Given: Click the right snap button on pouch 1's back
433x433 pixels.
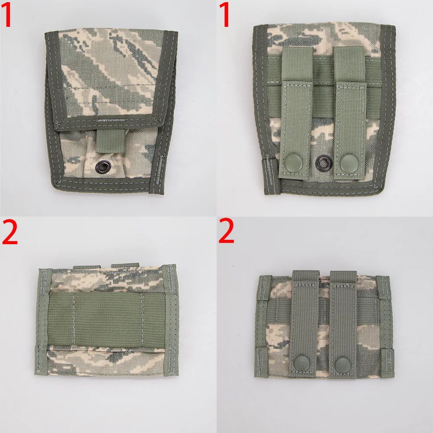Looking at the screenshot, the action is coord(347,163).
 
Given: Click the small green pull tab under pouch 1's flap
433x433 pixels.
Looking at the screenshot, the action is coord(110,141).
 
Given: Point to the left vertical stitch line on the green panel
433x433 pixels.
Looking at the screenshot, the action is coord(74,319).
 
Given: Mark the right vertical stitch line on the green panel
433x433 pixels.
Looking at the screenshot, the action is coord(142,320).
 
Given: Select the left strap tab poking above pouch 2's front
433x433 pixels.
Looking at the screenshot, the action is coord(87,267).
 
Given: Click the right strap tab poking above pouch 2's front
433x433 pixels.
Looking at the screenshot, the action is coord(125,265).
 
